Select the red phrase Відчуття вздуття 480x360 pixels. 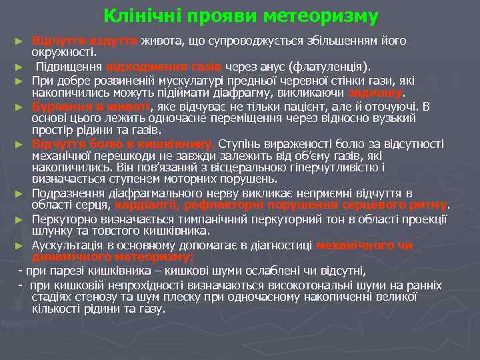[85, 41]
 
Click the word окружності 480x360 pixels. [67, 52]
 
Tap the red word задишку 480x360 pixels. [389, 93]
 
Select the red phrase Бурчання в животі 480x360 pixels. [92, 106]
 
